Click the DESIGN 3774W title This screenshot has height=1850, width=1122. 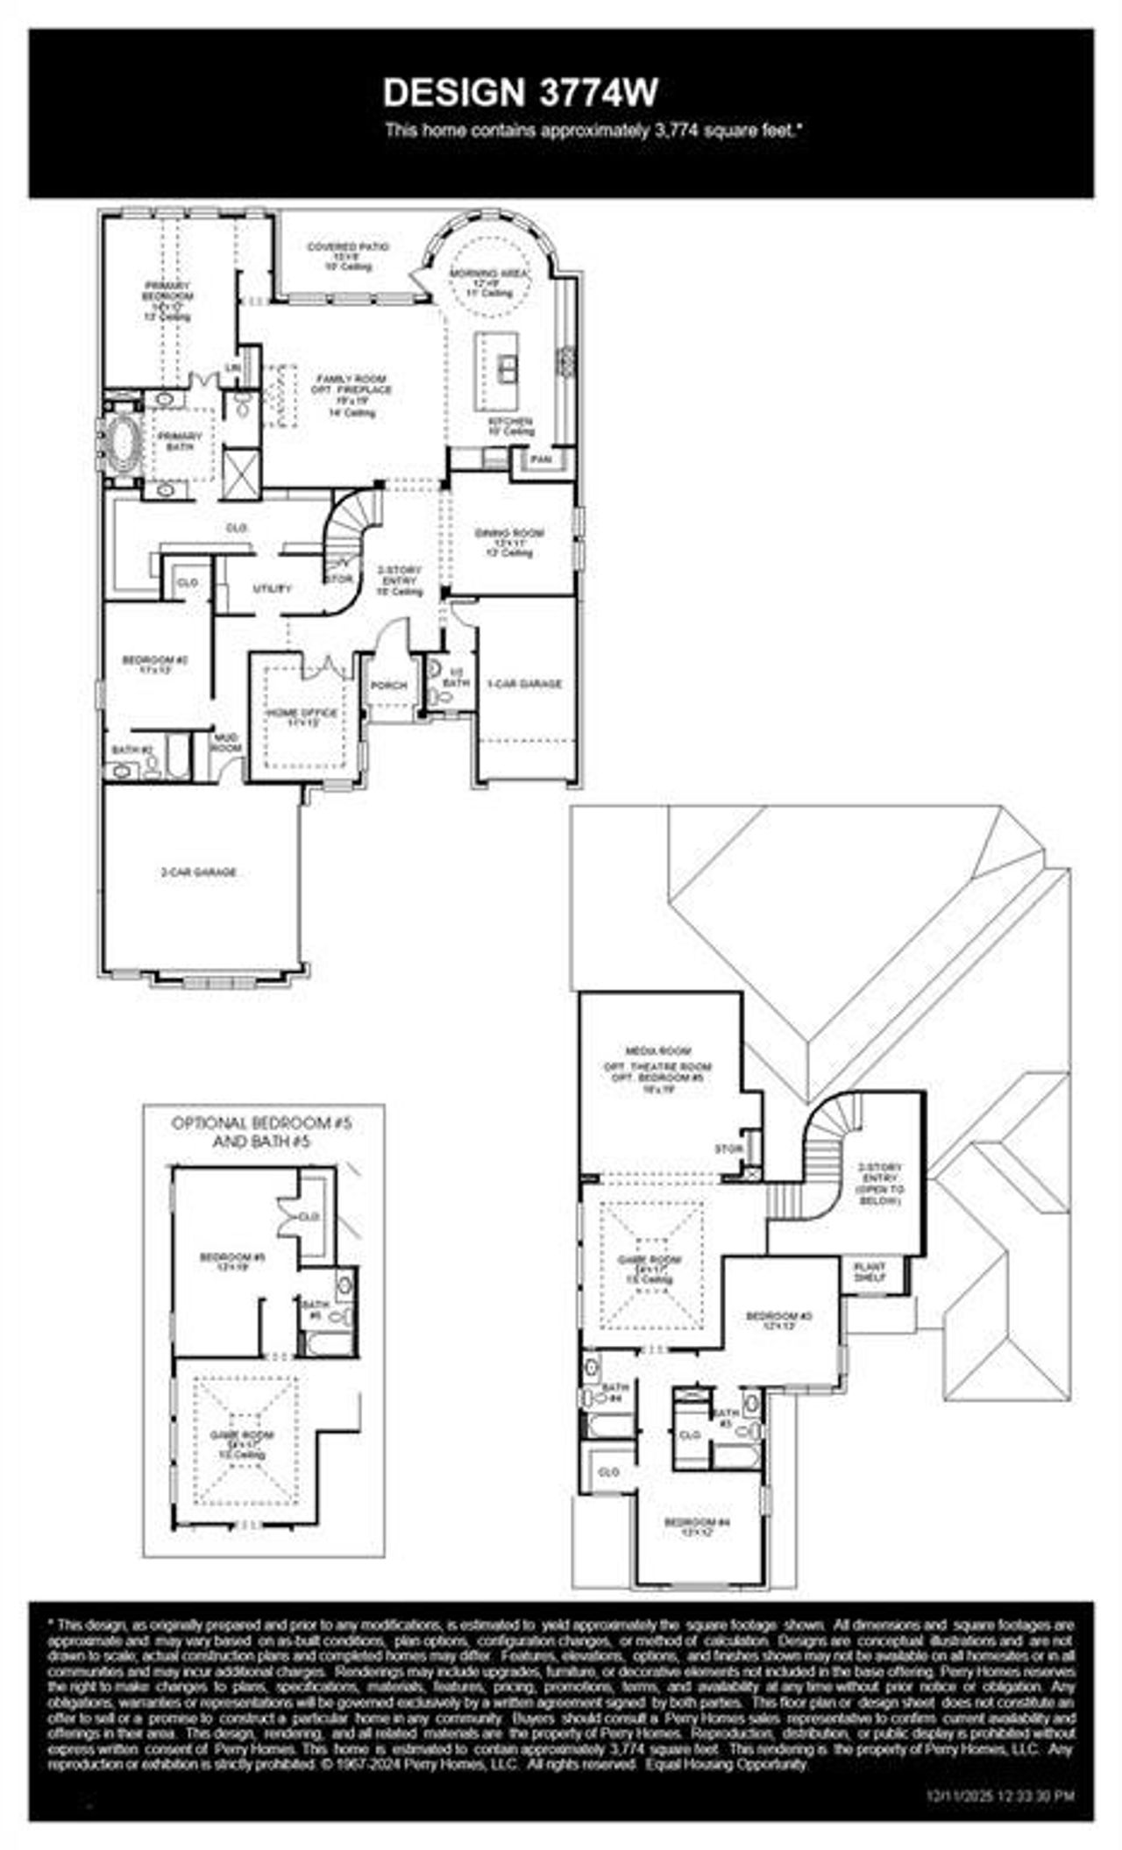tap(520, 92)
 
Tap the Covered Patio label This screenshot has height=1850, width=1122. tap(348, 248)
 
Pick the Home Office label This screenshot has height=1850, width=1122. tap(302, 714)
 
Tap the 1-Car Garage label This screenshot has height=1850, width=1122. tap(524, 684)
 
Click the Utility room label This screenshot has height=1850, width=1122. tap(272, 588)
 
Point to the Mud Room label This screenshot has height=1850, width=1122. tap(227, 743)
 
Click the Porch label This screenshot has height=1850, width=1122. tap(389, 685)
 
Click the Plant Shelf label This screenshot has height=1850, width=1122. tap(871, 1272)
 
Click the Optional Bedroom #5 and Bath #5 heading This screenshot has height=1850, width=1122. tap(262, 1132)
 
